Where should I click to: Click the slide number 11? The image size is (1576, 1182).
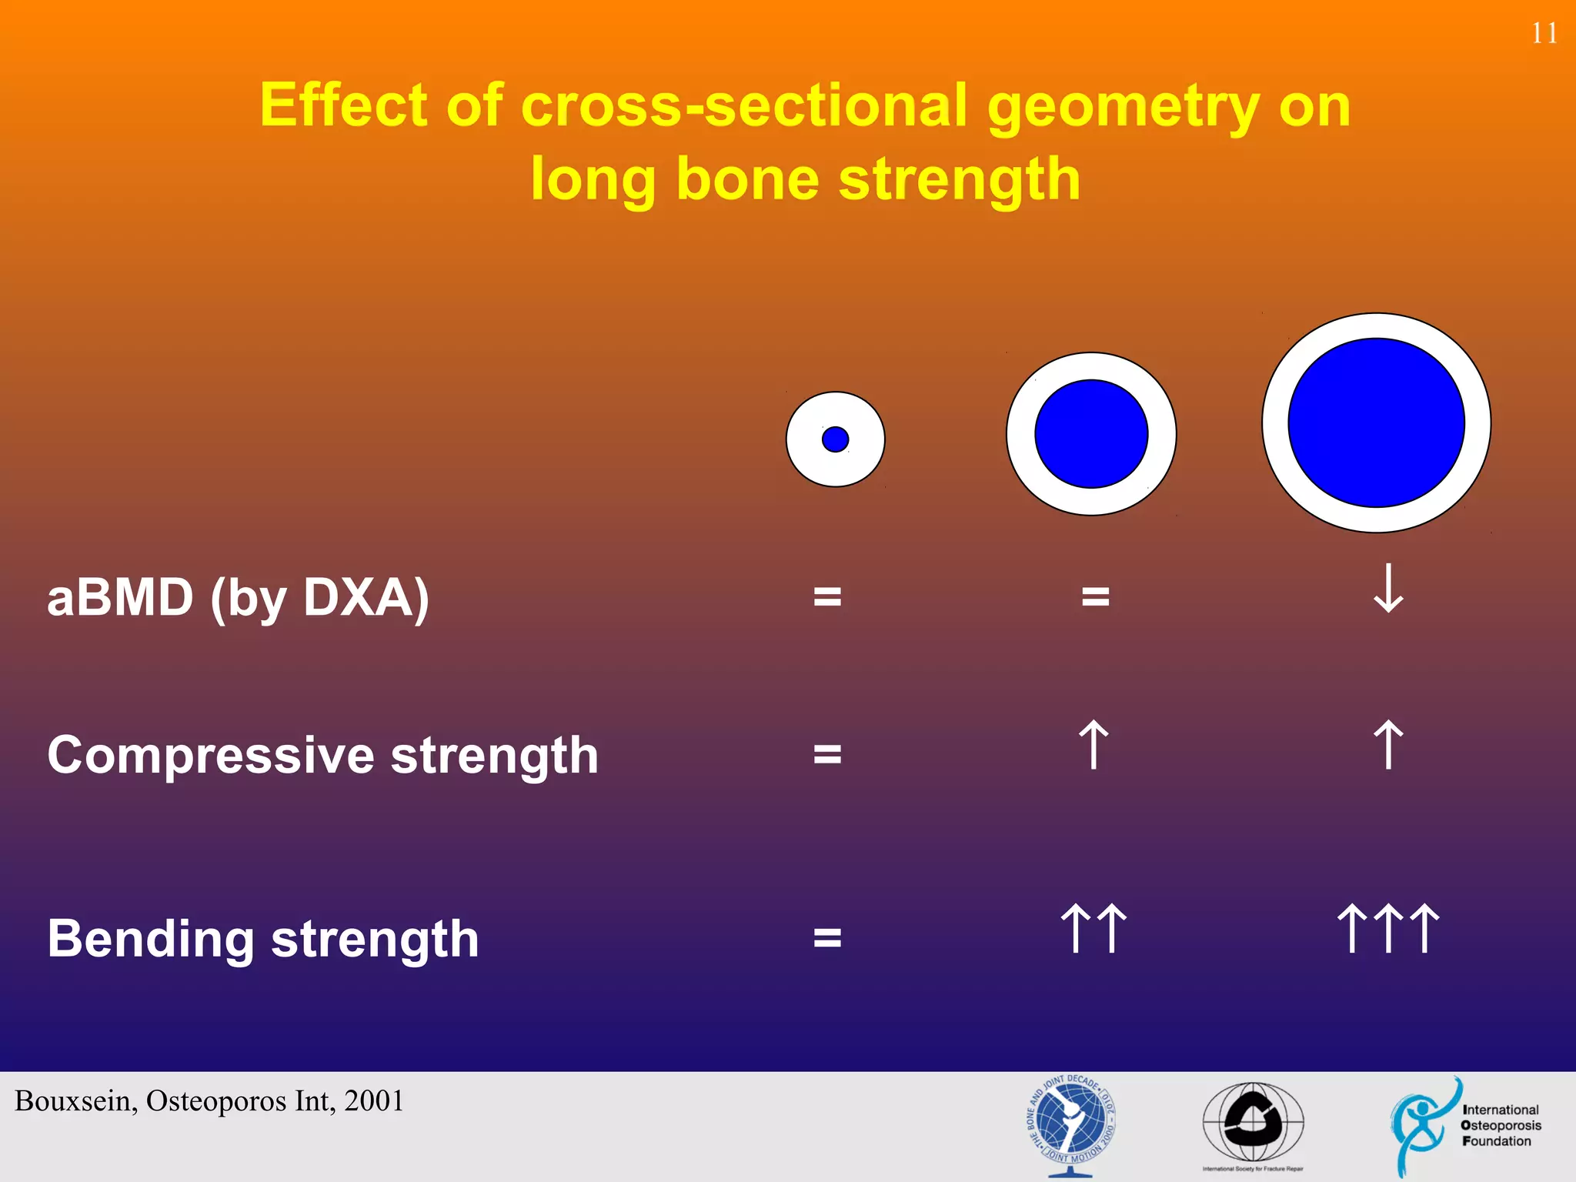(1544, 34)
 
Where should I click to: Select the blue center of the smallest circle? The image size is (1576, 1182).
(835, 439)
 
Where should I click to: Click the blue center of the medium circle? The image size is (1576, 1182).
(1091, 434)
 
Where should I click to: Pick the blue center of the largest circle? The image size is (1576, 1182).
(1376, 422)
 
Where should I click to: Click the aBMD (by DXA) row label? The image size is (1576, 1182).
(238, 598)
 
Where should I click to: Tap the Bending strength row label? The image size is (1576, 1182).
(262, 939)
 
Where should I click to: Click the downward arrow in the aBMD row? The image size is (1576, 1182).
(1388, 589)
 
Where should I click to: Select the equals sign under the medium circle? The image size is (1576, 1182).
(1095, 596)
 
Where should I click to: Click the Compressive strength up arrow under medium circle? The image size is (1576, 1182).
(1094, 745)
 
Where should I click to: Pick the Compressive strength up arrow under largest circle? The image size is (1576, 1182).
(1388, 745)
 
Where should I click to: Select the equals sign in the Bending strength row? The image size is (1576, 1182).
(827, 938)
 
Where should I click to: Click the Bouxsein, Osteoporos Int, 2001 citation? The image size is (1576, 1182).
(209, 1101)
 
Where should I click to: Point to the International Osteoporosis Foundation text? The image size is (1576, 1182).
(1500, 1125)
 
